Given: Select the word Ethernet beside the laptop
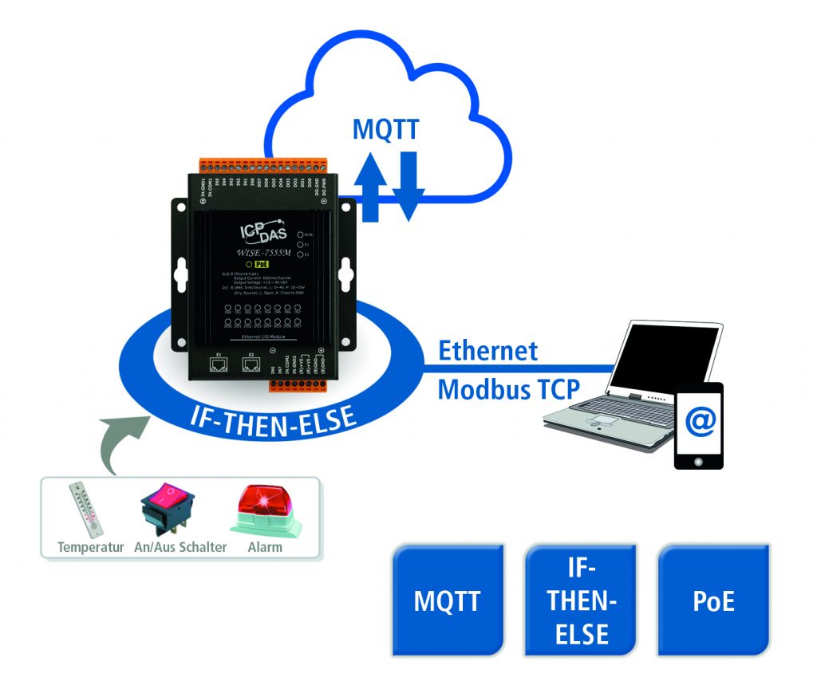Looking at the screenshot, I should coord(487,350).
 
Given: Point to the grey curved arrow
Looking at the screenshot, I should coord(118,443).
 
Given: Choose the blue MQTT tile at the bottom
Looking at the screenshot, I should coord(448,600).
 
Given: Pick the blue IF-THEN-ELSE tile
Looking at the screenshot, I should coord(582,600).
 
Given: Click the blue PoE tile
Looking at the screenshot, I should coord(713,600).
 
